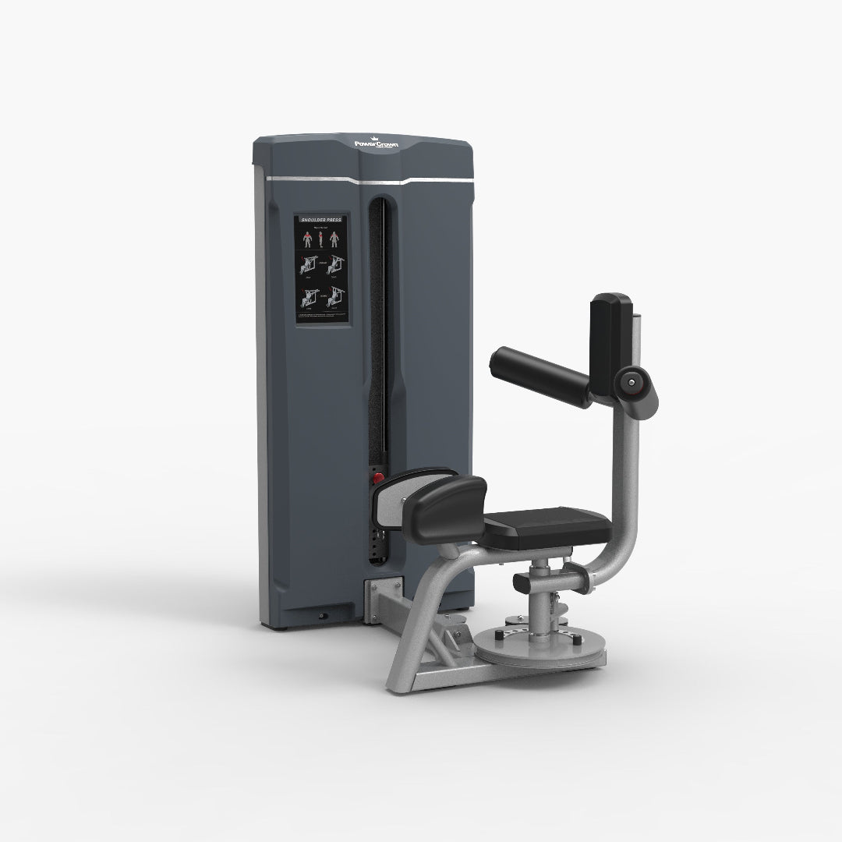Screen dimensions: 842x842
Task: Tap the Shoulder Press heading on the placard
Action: coord(322,220)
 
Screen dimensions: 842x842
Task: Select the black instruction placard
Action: coord(322,268)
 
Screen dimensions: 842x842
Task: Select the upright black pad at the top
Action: coord(609,327)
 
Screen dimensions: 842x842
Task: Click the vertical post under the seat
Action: coord(539,593)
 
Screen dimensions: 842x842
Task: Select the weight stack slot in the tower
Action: coord(380,351)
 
